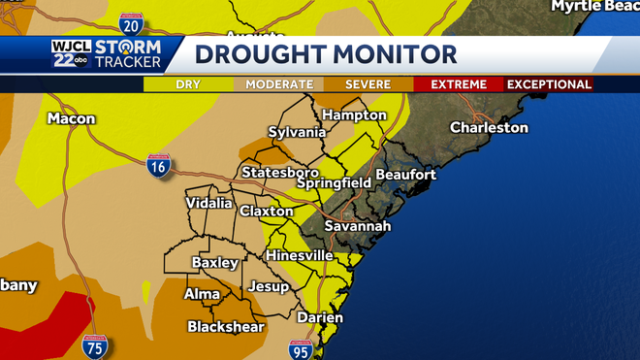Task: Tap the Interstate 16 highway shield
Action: click(158, 166)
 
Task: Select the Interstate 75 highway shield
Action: click(94, 347)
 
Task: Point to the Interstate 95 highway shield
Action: click(300, 350)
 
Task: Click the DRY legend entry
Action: click(188, 84)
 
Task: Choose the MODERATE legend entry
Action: click(279, 84)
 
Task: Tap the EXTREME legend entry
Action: click(458, 84)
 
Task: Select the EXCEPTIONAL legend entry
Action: click(549, 84)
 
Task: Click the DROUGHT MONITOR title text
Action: click(326, 54)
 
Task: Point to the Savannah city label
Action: click(358, 226)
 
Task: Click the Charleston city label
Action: click(489, 128)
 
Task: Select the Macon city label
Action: click(71, 118)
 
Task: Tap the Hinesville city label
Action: click(300, 255)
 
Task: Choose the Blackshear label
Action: click(226, 326)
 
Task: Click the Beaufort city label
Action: click(405, 175)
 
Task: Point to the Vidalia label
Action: click(209, 203)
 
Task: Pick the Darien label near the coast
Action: click(320, 317)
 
